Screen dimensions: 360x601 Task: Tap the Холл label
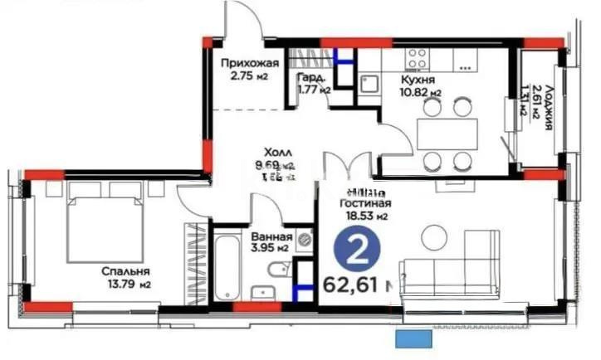[x=276, y=153]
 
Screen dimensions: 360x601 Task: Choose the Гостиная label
[x=366, y=202]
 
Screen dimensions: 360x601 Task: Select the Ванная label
[x=270, y=235]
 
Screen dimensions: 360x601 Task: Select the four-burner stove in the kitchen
[x=418, y=57]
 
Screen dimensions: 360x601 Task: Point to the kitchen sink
[x=369, y=82]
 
